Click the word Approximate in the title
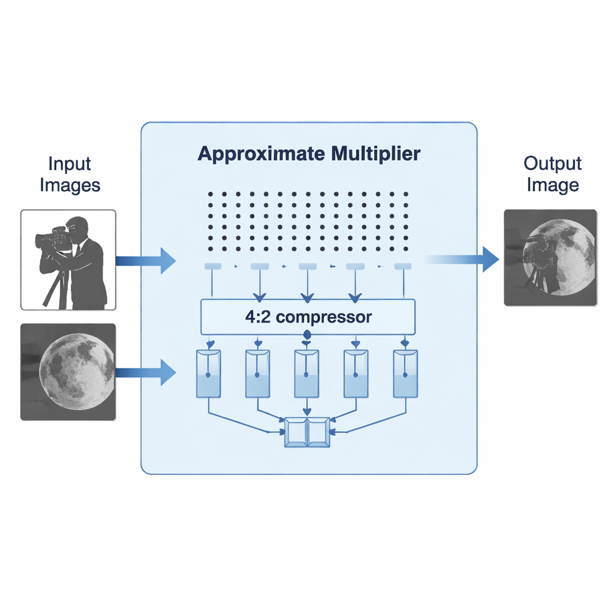pos(261,154)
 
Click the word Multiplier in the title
pos(375,154)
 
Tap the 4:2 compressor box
pos(308,317)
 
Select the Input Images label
pos(70,174)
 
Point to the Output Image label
pos(552,174)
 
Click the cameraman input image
pos(68,260)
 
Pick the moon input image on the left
pos(68,372)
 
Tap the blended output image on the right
pos(550,258)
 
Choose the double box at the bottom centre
pos(307,432)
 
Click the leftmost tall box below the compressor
pos(209,374)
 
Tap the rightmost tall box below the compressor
pos(405,374)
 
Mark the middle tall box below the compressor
pos(306,374)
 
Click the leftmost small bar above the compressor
pos(213,266)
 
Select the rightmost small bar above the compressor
pos(402,266)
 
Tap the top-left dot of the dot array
pos(210,194)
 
